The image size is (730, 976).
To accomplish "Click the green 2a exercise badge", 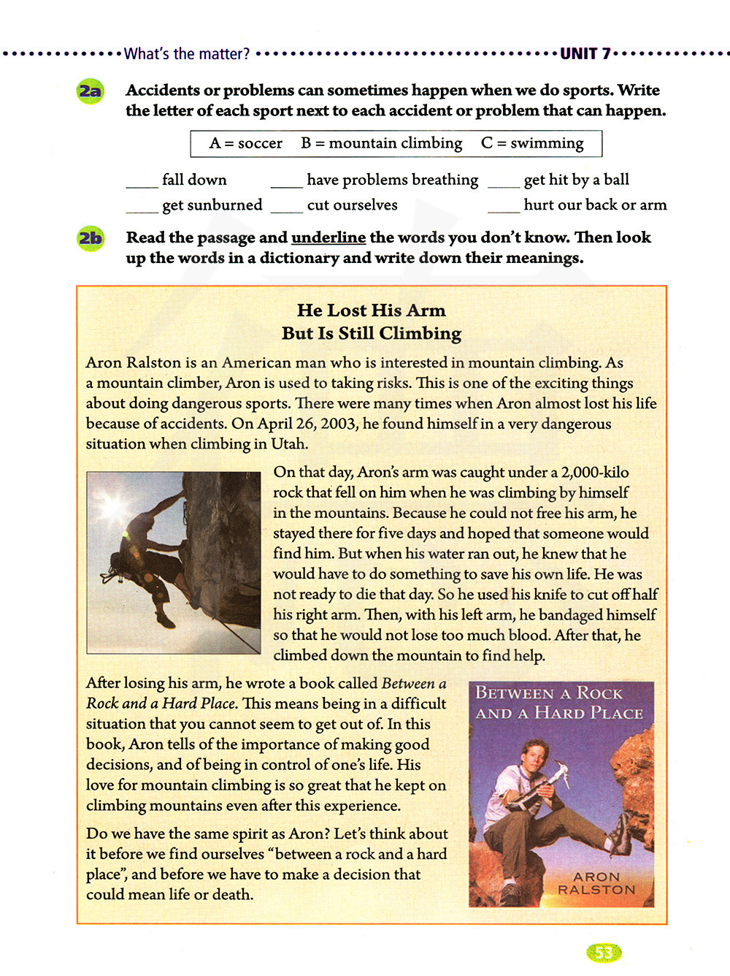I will coord(91,91).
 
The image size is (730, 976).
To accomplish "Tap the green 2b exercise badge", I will coord(91,238).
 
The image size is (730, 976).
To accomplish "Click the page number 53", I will coord(603,953).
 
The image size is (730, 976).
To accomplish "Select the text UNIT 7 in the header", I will coord(585,53).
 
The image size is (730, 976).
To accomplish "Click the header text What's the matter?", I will coord(187,53).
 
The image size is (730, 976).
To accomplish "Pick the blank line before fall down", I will coord(142,185).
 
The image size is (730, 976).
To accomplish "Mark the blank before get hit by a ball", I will coord(503,185).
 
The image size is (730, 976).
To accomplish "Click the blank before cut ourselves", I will coord(286,210).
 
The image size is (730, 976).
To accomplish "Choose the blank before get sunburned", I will coord(142,210).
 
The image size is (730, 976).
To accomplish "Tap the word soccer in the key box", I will coord(260,143).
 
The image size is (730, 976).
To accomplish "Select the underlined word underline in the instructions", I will coord(328,237).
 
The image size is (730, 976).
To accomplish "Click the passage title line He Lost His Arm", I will coord(371,310).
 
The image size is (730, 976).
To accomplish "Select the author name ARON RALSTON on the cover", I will coord(596,882).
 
